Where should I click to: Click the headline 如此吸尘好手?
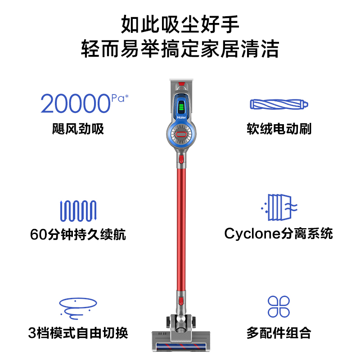[x=180, y=24]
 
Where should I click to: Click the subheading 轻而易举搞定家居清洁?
[x=180, y=49]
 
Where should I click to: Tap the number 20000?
[x=75, y=103]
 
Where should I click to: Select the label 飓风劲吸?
[x=78, y=130]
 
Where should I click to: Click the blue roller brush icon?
[x=279, y=104]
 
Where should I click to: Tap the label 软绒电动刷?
[x=279, y=130]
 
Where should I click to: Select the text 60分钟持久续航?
[x=78, y=234]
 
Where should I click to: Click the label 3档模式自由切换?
[x=78, y=333]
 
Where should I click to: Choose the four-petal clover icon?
[x=279, y=306]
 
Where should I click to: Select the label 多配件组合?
[x=279, y=333]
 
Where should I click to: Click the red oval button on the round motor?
[x=181, y=134]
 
